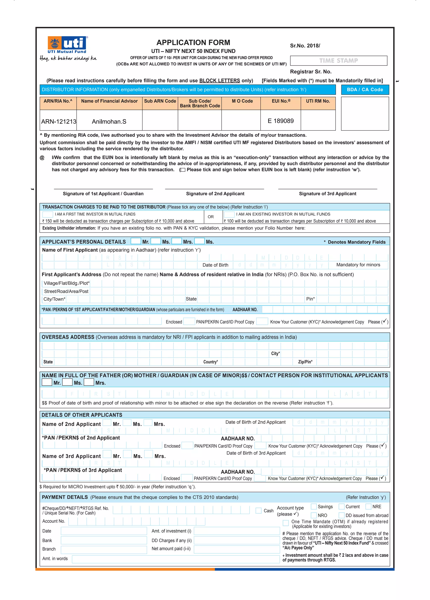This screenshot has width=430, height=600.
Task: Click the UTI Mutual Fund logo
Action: pos(68,45)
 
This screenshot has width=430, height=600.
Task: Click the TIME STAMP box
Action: pos(338,61)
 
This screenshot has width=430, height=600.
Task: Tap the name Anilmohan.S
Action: pos(109,122)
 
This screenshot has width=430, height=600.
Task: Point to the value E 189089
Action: pos(281,121)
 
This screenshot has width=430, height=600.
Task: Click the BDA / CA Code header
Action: pos(365,89)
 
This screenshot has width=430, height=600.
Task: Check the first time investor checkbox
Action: pos(48,214)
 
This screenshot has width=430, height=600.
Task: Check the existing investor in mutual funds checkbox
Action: pos(229,214)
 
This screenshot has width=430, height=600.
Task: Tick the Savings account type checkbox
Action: pos(313,506)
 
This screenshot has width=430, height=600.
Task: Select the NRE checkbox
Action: pos(368,506)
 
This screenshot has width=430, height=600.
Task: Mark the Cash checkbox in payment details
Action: pos(258,510)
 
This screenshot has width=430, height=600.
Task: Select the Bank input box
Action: pos(104,540)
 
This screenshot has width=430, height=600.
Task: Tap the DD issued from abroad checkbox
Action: pos(341,515)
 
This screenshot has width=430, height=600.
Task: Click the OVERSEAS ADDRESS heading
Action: pos(68,337)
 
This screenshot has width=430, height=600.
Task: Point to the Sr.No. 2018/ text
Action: pos(305,46)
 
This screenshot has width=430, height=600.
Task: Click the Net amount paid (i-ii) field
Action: pos(237,549)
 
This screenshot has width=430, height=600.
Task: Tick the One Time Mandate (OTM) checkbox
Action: pos(286,523)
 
